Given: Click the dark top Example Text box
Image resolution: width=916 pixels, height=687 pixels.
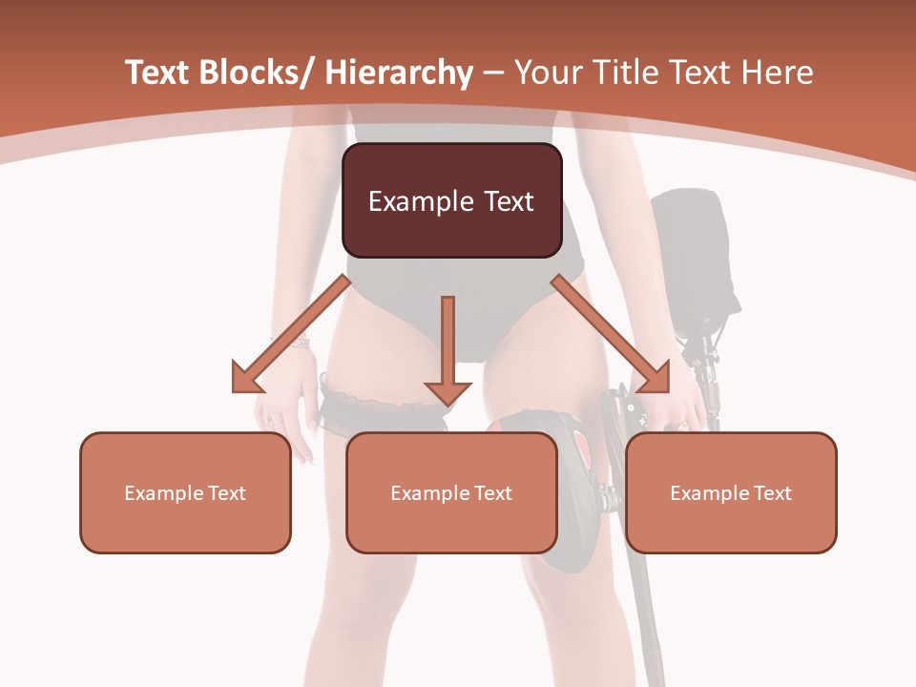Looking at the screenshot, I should (x=451, y=200).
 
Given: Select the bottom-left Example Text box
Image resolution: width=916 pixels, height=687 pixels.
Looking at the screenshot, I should (x=185, y=492).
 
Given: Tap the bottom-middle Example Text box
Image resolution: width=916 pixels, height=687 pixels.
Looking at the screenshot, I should (x=451, y=492).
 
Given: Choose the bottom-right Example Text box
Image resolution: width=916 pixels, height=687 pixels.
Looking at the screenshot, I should (x=731, y=492).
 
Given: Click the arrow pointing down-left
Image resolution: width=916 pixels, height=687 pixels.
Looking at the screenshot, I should (x=286, y=335).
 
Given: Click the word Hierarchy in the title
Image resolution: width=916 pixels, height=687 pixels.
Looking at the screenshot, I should (x=399, y=73).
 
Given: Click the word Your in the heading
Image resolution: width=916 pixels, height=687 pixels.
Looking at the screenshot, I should (x=546, y=73).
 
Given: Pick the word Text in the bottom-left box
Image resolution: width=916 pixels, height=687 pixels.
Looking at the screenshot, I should (x=224, y=493).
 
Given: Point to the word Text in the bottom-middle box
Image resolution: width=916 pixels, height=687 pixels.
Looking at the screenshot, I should (x=490, y=493).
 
